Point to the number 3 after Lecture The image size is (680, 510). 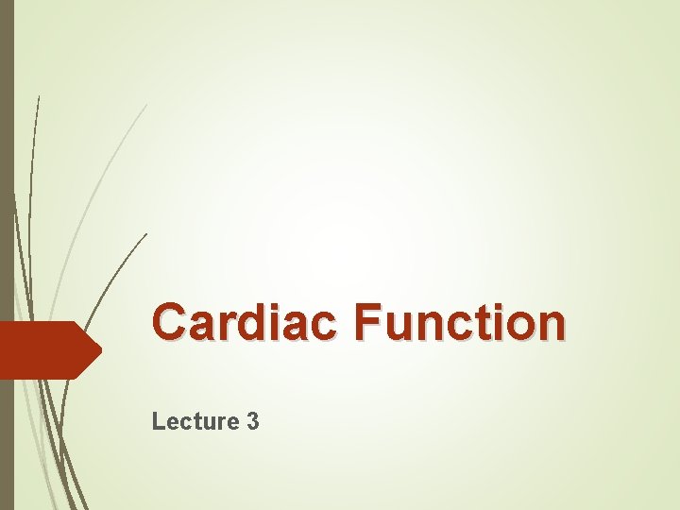(252, 421)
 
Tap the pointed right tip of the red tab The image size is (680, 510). (99, 350)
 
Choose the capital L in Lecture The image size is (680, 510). (158, 421)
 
